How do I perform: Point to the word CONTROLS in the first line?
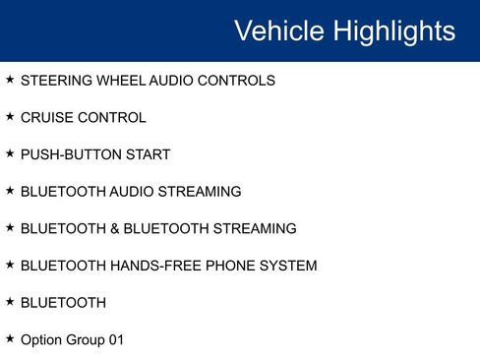(x=237, y=81)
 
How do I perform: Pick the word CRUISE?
(x=45, y=118)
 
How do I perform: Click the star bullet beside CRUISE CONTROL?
(x=10, y=117)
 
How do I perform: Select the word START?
(x=149, y=154)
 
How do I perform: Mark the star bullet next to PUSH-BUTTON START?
(x=10, y=153)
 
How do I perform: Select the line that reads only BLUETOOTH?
(x=63, y=303)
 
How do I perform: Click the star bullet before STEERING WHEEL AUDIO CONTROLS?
(x=10, y=80)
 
